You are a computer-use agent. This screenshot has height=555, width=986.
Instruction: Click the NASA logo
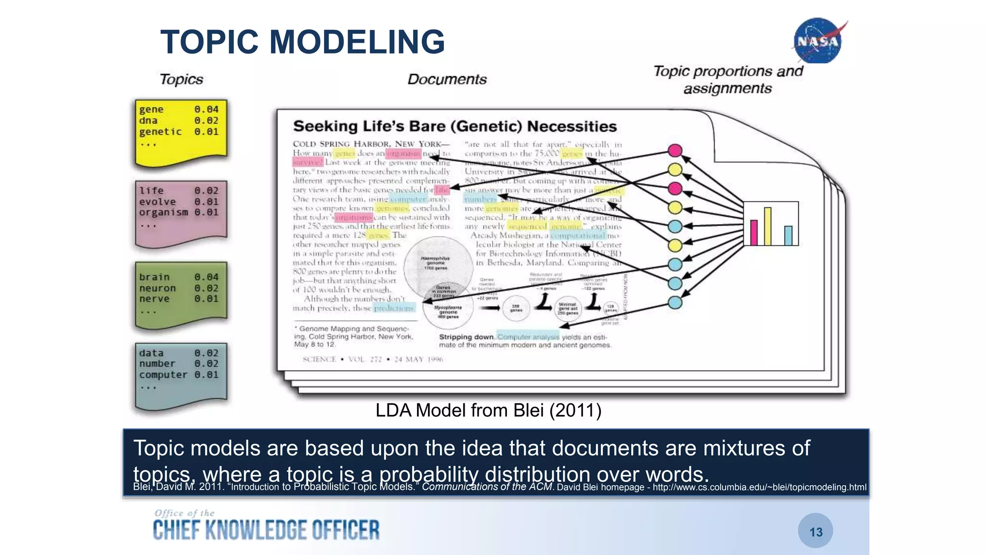point(818,41)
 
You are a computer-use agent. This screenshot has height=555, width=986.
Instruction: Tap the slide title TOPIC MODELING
point(302,42)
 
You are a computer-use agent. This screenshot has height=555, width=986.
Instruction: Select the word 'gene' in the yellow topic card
point(151,109)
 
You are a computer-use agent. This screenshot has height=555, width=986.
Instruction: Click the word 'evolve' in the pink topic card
point(157,202)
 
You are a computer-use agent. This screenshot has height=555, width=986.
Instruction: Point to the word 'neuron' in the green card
point(157,288)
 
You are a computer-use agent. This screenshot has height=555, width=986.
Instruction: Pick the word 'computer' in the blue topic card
point(163,375)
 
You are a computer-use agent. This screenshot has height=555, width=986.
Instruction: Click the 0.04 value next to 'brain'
point(207,277)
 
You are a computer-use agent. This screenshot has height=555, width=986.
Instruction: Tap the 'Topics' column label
point(181,79)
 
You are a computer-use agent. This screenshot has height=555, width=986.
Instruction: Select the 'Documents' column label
point(447,79)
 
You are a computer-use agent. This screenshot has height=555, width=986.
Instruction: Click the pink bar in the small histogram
point(754,232)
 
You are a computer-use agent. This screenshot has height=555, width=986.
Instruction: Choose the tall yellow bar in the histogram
point(767,226)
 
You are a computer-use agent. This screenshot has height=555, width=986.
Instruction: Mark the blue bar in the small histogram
point(788,236)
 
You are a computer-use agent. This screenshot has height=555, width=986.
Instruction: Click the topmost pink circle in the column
point(675,151)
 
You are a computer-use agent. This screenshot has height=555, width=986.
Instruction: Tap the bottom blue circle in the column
point(675,303)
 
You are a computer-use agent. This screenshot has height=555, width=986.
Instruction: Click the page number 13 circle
point(816,531)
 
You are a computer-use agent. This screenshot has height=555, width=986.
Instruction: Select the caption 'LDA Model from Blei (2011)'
point(488,410)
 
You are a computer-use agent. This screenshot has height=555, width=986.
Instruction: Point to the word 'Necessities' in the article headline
point(572,127)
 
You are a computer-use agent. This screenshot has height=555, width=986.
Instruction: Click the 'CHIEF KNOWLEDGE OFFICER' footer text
point(266,530)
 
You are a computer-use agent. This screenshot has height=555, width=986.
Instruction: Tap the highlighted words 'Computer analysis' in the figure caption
point(528,337)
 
